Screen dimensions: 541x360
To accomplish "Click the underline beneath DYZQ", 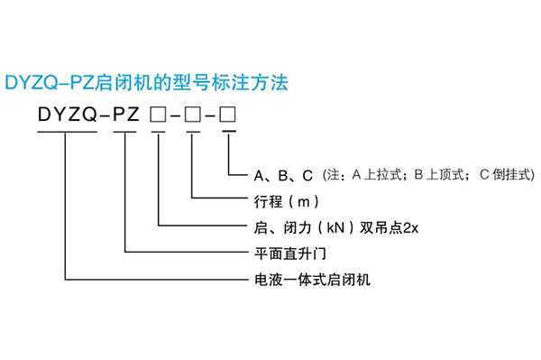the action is pyautogui.click(x=66, y=133).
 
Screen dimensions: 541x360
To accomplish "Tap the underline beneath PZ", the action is pyautogui.click(x=125, y=133).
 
